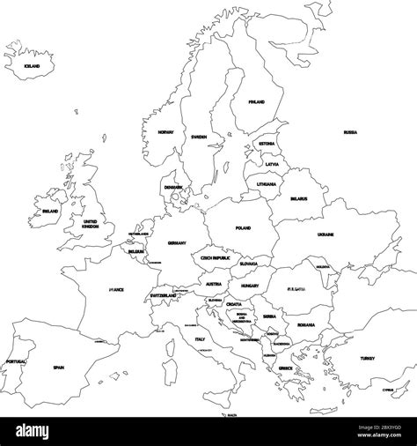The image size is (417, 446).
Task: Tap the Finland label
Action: point(256,102)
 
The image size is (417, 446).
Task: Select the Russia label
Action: point(350,132)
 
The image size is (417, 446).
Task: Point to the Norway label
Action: point(166,132)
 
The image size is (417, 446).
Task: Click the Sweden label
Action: point(198,138)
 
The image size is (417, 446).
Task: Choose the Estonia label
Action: point(267,143)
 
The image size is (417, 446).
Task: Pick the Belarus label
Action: point(298,199)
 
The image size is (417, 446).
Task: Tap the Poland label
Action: point(243,228)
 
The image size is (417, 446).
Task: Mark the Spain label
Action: point(59,368)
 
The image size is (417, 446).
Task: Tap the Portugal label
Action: point(15,361)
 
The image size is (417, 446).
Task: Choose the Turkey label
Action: point(367,358)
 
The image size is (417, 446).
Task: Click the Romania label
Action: point(305,325)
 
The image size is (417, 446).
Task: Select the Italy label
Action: point(200,339)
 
